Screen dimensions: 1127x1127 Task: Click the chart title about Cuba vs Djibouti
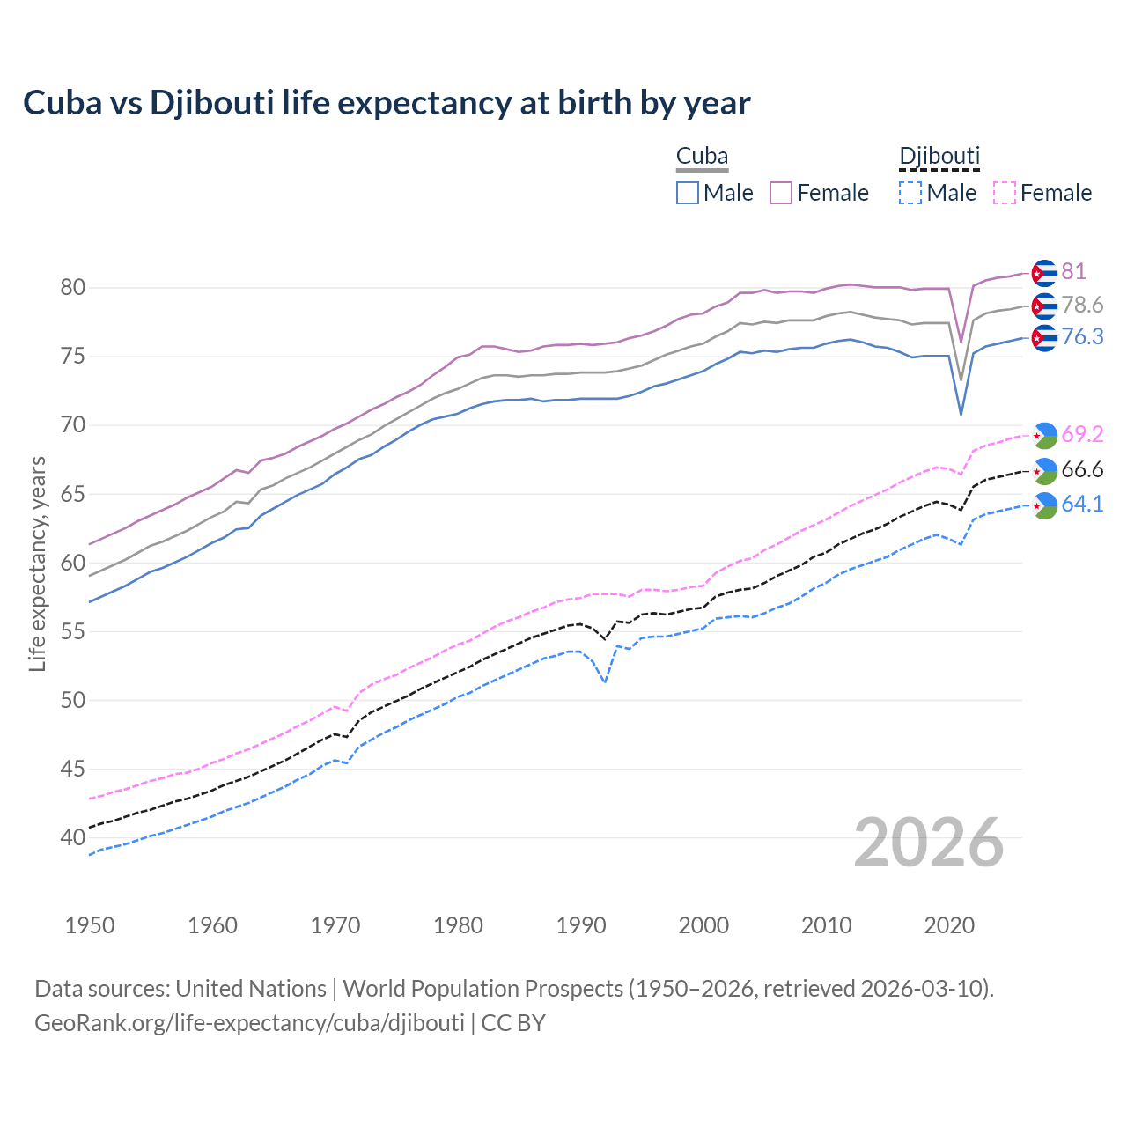[387, 103]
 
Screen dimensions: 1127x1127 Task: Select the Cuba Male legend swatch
[688, 193]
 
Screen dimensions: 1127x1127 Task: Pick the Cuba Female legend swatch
[781, 193]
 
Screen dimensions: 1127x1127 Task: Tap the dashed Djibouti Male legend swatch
[910, 193]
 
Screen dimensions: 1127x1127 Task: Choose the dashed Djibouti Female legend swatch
[1005, 193]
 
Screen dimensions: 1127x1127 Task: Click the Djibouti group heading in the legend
[939, 157]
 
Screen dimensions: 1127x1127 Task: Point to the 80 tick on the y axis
[72, 288]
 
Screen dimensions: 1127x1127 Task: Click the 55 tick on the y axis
[72, 631]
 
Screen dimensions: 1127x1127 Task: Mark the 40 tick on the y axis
[72, 837]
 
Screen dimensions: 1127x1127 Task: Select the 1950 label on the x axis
[90, 925]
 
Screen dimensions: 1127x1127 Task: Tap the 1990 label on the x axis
[581, 925]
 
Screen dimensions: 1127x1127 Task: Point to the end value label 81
[1073, 272]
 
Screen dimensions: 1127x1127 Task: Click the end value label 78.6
[1082, 305]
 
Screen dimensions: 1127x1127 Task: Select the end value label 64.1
[1082, 504]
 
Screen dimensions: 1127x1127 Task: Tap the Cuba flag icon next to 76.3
[1044, 338]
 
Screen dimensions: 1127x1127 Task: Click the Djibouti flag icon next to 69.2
[1044, 435]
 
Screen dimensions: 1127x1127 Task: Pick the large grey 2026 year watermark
[929, 843]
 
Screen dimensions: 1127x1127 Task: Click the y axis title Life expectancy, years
[37, 563]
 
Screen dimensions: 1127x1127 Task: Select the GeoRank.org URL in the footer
[249, 1023]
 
